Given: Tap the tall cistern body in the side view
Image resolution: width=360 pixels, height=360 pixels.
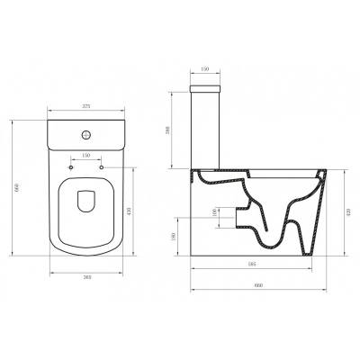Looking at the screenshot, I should tap(207, 130).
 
